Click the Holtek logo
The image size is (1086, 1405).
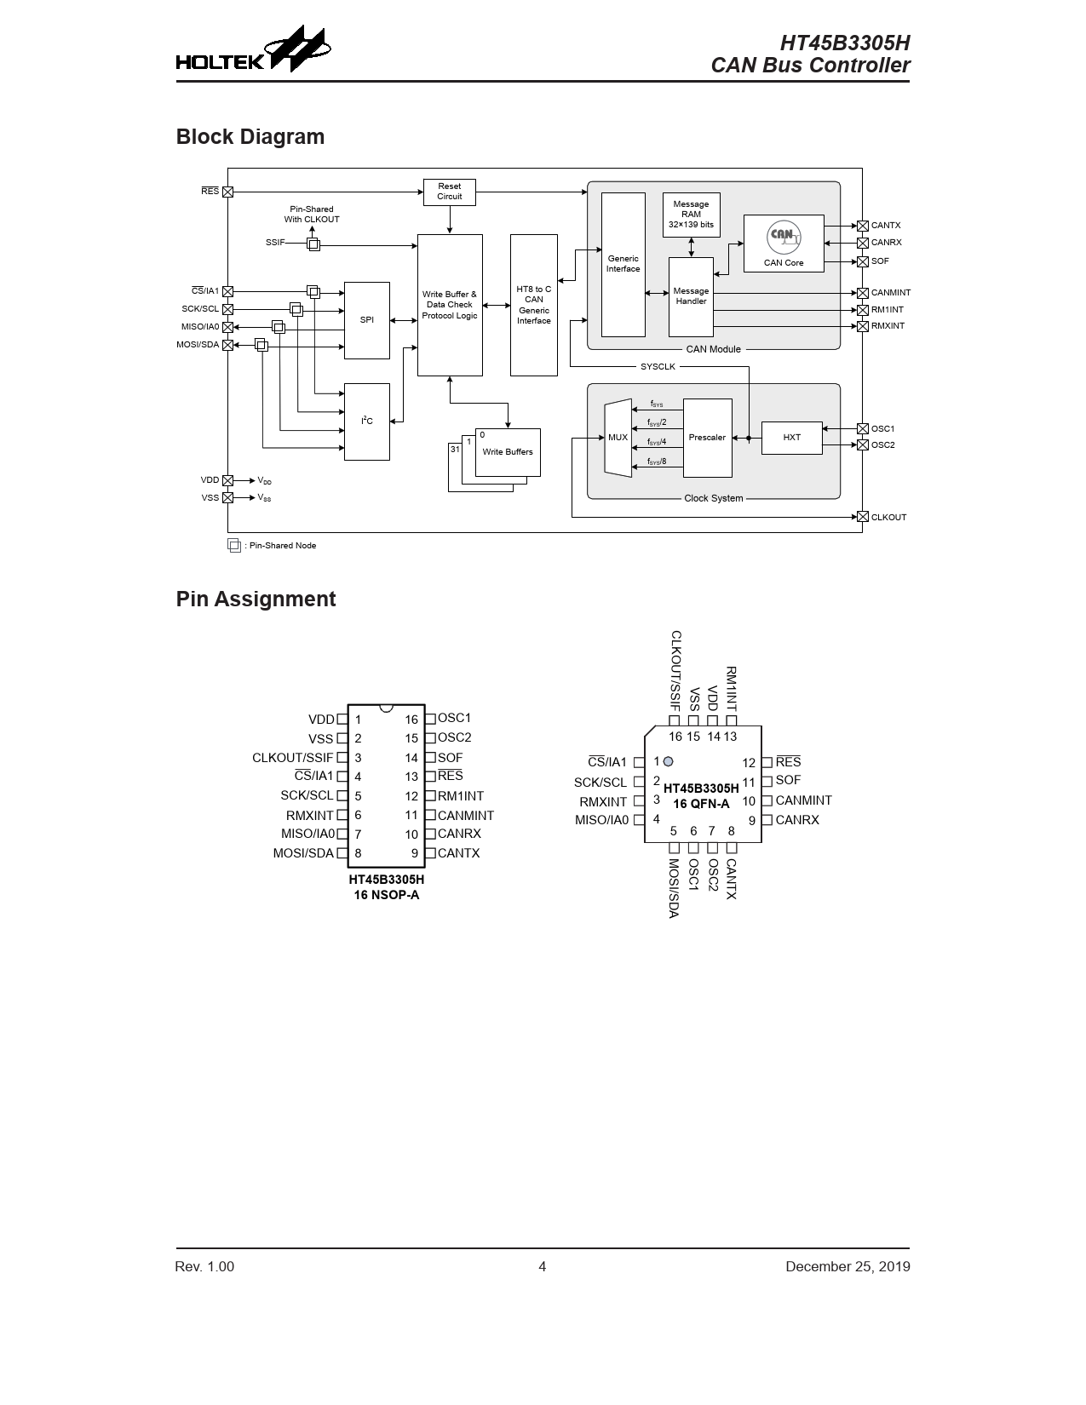coord(253,49)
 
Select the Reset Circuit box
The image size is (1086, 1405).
coord(450,192)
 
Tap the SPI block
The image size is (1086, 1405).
coord(367,320)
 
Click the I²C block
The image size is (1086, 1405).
coord(367,421)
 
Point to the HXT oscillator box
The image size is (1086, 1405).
coord(791,438)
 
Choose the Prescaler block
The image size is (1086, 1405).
coord(708,438)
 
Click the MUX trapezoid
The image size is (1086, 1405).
coord(618,438)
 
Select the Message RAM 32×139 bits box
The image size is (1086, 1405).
coord(692,215)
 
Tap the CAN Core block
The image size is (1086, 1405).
coord(784,244)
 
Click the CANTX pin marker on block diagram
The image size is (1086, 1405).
coord(862,226)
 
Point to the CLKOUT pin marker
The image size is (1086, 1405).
coord(862,517)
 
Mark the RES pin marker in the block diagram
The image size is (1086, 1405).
coord(227,192)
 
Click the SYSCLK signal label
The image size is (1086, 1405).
coord(658,367)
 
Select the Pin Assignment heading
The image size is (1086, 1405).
coord(256,599)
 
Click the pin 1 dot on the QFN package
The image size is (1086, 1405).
coord(668,761)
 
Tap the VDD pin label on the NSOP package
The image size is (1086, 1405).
coord(321,720)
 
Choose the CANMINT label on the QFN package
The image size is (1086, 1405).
coord(803,800)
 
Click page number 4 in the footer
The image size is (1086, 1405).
coord(543,1267)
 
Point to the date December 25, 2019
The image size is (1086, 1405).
coord(848,1267)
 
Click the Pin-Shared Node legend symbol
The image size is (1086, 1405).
coord(234,545)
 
